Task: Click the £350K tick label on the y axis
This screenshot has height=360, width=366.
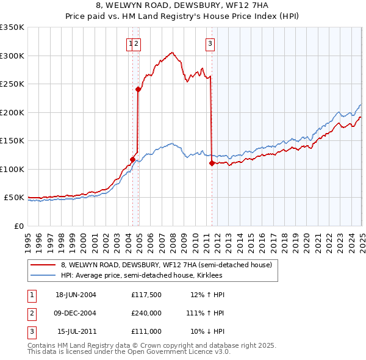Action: pos(12,27)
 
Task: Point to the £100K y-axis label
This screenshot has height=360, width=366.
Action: pos(12,169)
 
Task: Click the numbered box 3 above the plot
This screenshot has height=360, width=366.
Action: pos(210,43)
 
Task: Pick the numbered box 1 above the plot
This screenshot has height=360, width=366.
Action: pos(131,43)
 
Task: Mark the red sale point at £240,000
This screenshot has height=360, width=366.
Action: pos(138,90)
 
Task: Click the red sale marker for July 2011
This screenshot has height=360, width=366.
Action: pos(212,163)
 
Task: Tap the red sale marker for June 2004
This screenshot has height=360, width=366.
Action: pos(133,159)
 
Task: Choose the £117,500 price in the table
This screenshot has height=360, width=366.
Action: pos(146,295)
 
